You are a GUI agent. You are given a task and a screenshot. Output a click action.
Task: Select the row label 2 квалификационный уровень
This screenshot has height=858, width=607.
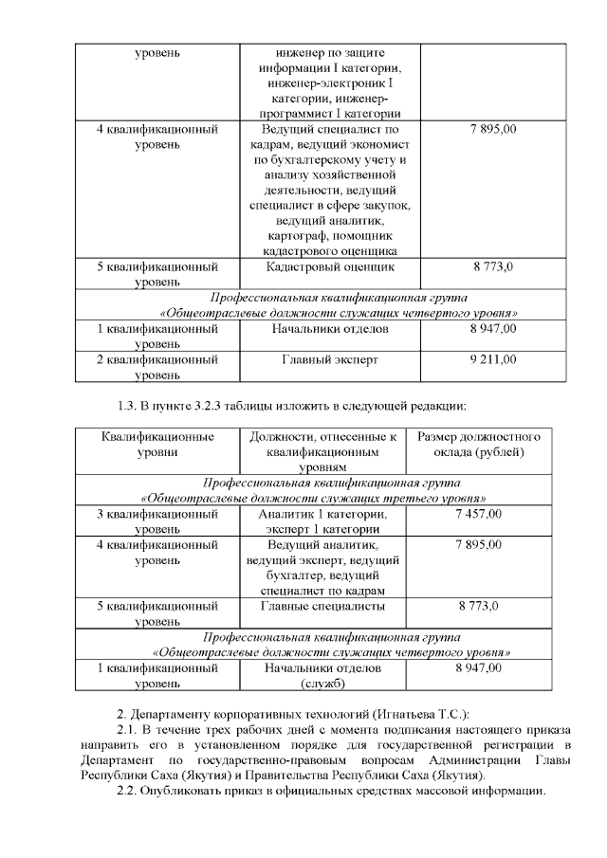(x=157, y=367)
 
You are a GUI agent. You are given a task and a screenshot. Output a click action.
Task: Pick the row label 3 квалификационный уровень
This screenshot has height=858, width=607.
(x=157, y=520)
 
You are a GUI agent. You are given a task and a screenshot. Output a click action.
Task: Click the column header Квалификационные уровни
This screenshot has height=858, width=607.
(x=157, y=445)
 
